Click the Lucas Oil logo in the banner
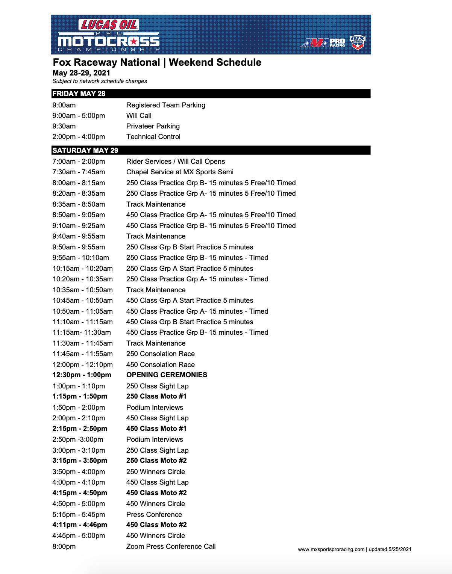(109, 25)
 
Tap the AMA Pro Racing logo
(323, 43)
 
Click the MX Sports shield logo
(357, 42)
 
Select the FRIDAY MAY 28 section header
(79, 94)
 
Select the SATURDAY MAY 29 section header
(85, 150)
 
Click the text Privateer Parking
(153, 126)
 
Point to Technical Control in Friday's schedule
(153, 137)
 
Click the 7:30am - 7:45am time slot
(79, 172)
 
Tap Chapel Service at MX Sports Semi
(180, 172)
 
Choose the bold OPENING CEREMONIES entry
(167, 375)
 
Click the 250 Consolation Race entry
(161, 354)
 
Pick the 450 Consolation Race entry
(161, 365)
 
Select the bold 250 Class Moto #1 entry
(156, 396)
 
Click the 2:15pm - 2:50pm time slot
(80, 429)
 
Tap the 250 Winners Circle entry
(156, 472)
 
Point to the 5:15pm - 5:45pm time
(79, 515)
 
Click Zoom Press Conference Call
(171, 547)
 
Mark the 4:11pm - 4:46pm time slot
(80, 525)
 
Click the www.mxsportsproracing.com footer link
(331, 549)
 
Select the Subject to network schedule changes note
(100, 81)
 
